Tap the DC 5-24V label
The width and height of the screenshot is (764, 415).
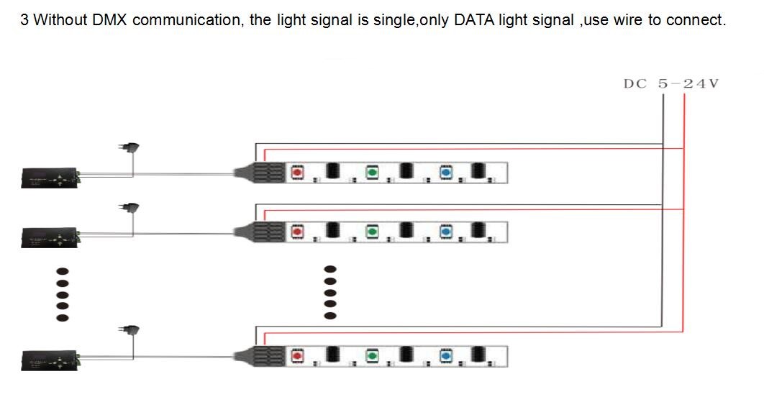[x=671, y=83]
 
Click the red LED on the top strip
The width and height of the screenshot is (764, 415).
[x=297, y=173]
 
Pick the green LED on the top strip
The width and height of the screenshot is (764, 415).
[x=372, y=173]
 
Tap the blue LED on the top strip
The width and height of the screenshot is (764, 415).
[x=446, y=173]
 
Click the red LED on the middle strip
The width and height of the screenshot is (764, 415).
[x=297, y=232]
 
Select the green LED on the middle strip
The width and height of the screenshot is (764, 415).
[x=372, y=232]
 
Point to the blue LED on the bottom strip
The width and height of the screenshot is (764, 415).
[x=446, y=356]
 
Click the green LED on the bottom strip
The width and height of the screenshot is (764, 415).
[x=372, y=356]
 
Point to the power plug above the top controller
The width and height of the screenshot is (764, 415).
[x=129, y=147]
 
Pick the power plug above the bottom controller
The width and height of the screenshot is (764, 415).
[x=129, y=330]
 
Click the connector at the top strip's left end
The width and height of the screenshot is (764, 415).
[x=259, y=173]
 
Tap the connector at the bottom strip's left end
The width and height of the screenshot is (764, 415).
[x=259, y=356]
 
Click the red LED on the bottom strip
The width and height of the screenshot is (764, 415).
[x=297, y=356]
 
